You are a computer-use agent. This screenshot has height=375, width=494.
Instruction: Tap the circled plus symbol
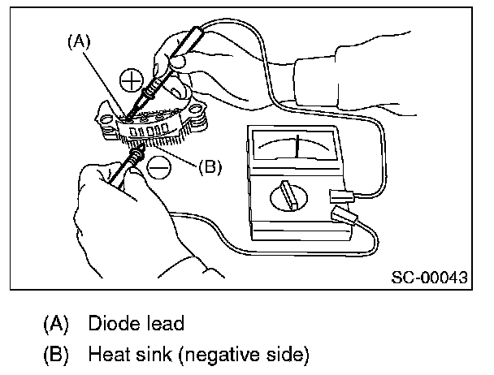pos(131,80)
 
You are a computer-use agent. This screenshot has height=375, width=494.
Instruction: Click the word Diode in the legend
pos(108,323)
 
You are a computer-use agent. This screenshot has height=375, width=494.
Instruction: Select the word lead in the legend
pos(164,323)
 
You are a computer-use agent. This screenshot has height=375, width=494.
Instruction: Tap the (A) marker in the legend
pos(54,323)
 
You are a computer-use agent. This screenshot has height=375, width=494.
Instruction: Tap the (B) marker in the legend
pos(54,354)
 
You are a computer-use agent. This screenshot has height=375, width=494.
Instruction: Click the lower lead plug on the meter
pos(344,218)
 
